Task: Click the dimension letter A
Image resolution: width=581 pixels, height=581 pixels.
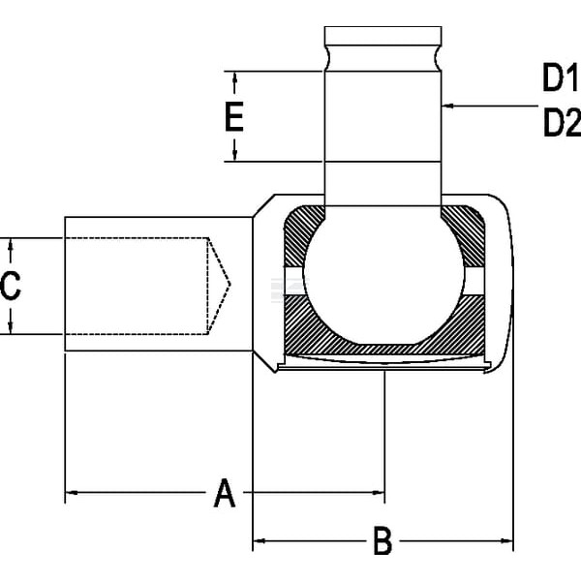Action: [x=225, y=493]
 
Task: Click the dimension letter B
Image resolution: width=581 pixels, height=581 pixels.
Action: [x=382, y=540]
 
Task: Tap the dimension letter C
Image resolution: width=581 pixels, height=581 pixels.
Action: [x=11, y=286]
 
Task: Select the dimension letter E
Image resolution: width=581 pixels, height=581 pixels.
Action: [x=234, y=117]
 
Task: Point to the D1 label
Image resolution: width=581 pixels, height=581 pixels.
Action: [x=561, y=77]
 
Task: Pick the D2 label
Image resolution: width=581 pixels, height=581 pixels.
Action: [x=562, y=123]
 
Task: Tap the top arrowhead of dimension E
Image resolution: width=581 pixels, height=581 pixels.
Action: [x=234, y=77]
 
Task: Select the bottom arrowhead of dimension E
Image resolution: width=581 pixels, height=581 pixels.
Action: [x=234, y=155]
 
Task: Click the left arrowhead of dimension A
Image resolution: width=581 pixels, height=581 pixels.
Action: [x=72, y=493]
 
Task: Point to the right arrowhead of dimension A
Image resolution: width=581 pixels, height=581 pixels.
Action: [x=379, y=493]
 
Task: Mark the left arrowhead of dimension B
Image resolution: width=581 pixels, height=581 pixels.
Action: [x=260, y=541]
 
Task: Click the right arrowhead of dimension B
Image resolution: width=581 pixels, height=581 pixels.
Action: [x=506, y=541]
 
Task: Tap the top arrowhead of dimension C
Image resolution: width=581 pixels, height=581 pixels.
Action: [x=11, y=245]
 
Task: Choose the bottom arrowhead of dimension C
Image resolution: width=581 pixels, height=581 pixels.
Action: [x=11, y=327]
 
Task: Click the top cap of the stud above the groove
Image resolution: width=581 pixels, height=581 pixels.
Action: [x=383, y=36]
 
